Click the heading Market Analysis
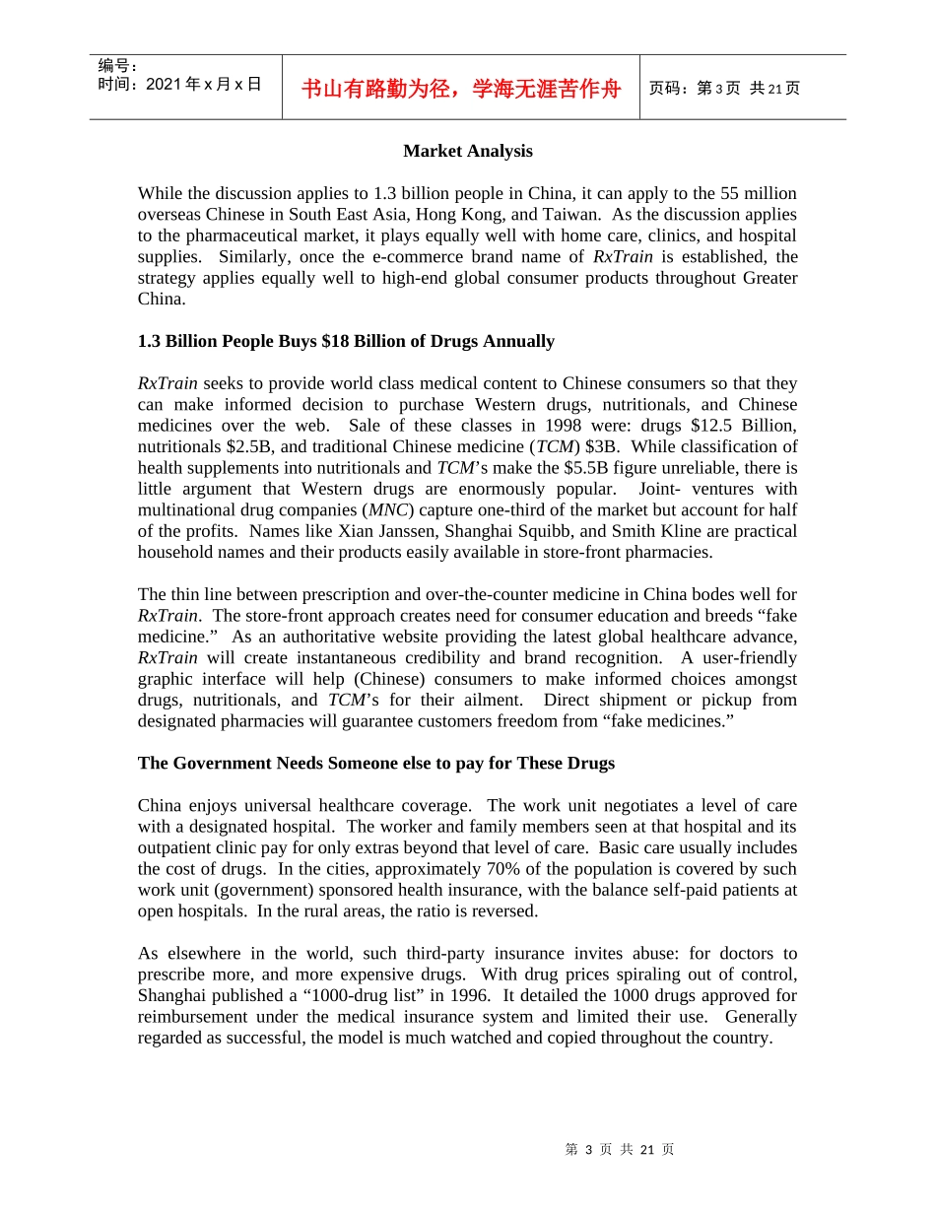click(x=467, y=151)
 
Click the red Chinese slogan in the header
click(x=460, y=89)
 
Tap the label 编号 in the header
click(x=116, y=66)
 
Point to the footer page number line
click(x=619, y=1149)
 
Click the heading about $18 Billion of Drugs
click(x=346, y=341)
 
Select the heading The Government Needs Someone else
click(x=375, y=763)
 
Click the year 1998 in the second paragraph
click(x=569, y=426)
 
